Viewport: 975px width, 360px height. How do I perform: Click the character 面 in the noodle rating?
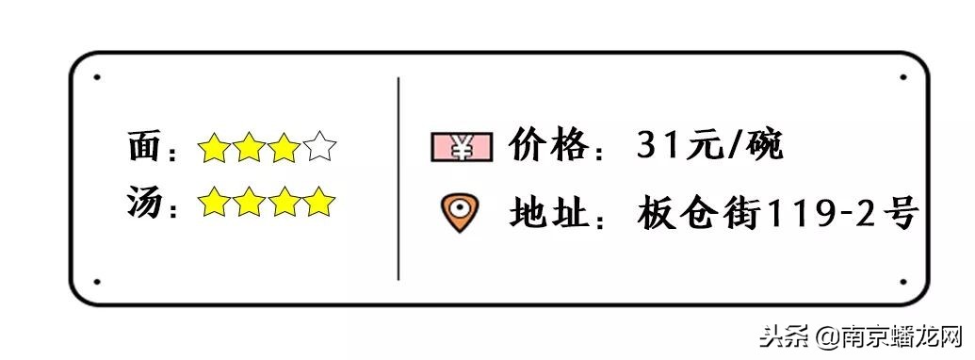pos(145,148)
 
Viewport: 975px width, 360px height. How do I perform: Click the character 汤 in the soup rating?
pos(145,203)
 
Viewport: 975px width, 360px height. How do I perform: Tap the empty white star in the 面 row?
pos(320,148)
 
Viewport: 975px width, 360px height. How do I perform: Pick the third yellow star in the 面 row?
pos(285,148)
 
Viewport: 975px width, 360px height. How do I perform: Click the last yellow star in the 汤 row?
pos(320,202)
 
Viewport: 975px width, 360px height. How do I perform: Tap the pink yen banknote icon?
pos(462,146)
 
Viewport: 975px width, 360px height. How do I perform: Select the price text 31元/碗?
pos(709,146)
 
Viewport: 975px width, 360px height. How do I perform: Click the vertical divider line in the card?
pos(398,179)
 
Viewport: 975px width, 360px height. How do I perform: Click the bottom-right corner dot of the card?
pos(902,281)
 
